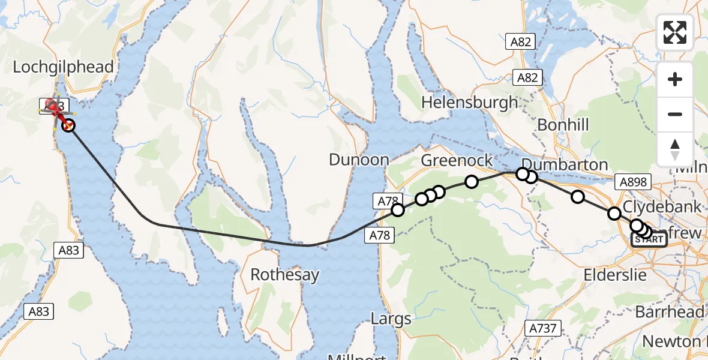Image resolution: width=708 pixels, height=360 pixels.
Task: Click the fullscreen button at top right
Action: click(x=675, y=32)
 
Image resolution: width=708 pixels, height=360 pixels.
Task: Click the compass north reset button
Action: click(x=675, y=149)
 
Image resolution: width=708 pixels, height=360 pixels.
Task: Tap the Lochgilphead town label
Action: click(x=63, y=67)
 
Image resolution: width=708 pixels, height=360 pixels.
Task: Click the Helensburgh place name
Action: click(x=469, y=102)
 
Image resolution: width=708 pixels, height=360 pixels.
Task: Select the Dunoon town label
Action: click(x=359, y=160)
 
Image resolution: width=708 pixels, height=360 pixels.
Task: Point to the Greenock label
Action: click(x=457, y=161)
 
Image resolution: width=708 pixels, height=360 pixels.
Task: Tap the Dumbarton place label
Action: click(x=565, y=164)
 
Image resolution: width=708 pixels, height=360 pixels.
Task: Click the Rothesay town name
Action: click(x=285, y=275)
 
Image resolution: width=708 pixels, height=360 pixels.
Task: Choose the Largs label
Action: click(x=391, y=318)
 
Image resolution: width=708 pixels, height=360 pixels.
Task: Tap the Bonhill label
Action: click(x=563, y=125)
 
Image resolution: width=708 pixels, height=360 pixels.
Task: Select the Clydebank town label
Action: click(x=662, y=207)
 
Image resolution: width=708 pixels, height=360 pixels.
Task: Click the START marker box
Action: click(x=649, y=239)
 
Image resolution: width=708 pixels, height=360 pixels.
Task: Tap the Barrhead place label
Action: click(x=670, y=313)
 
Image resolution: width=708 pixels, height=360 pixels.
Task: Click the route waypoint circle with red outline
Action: click(x=68, y=125)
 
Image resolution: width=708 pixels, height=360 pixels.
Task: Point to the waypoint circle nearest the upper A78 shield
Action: click(x=397, y=209)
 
